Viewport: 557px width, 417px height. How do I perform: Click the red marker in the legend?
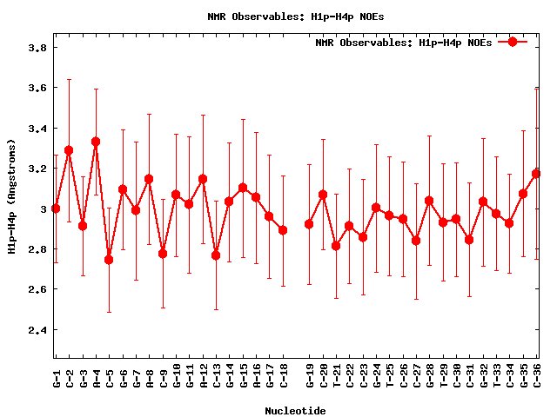pyautogui.click(x=513, y=42)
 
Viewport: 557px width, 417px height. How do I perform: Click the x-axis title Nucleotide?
pyautogui.click(x=295, y=411)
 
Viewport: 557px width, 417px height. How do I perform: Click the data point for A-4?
pyautogui.click(x=96, y=142)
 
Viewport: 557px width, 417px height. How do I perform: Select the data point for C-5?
pyautogui.click(x=109, y=260)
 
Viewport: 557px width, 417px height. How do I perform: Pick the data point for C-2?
pyautogui.click(x=69, y=150)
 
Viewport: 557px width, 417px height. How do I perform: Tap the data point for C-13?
pyautogui.click(x=216, y=255)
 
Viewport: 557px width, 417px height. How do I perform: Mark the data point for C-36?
pyautogui.click(x=537, y=174)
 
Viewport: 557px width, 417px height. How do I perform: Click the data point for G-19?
pyautogui.click(x=309, y=224)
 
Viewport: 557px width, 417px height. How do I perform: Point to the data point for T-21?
pyautogui.click(x=336, y=246)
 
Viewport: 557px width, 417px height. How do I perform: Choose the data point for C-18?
pyautogui.click(x=283, y=230)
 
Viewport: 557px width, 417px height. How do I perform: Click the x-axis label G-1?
pyautogui.click(x=56, y=379)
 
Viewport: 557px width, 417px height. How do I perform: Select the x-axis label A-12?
pyautogui.click(x=203, y=379)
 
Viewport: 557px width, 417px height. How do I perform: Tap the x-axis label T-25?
pyautogui.click(x=389, y=379)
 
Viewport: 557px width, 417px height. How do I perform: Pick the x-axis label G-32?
pyautogui.click(x=483, y=379)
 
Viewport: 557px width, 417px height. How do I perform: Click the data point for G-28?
pyautogui.click(x=429, y=201)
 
